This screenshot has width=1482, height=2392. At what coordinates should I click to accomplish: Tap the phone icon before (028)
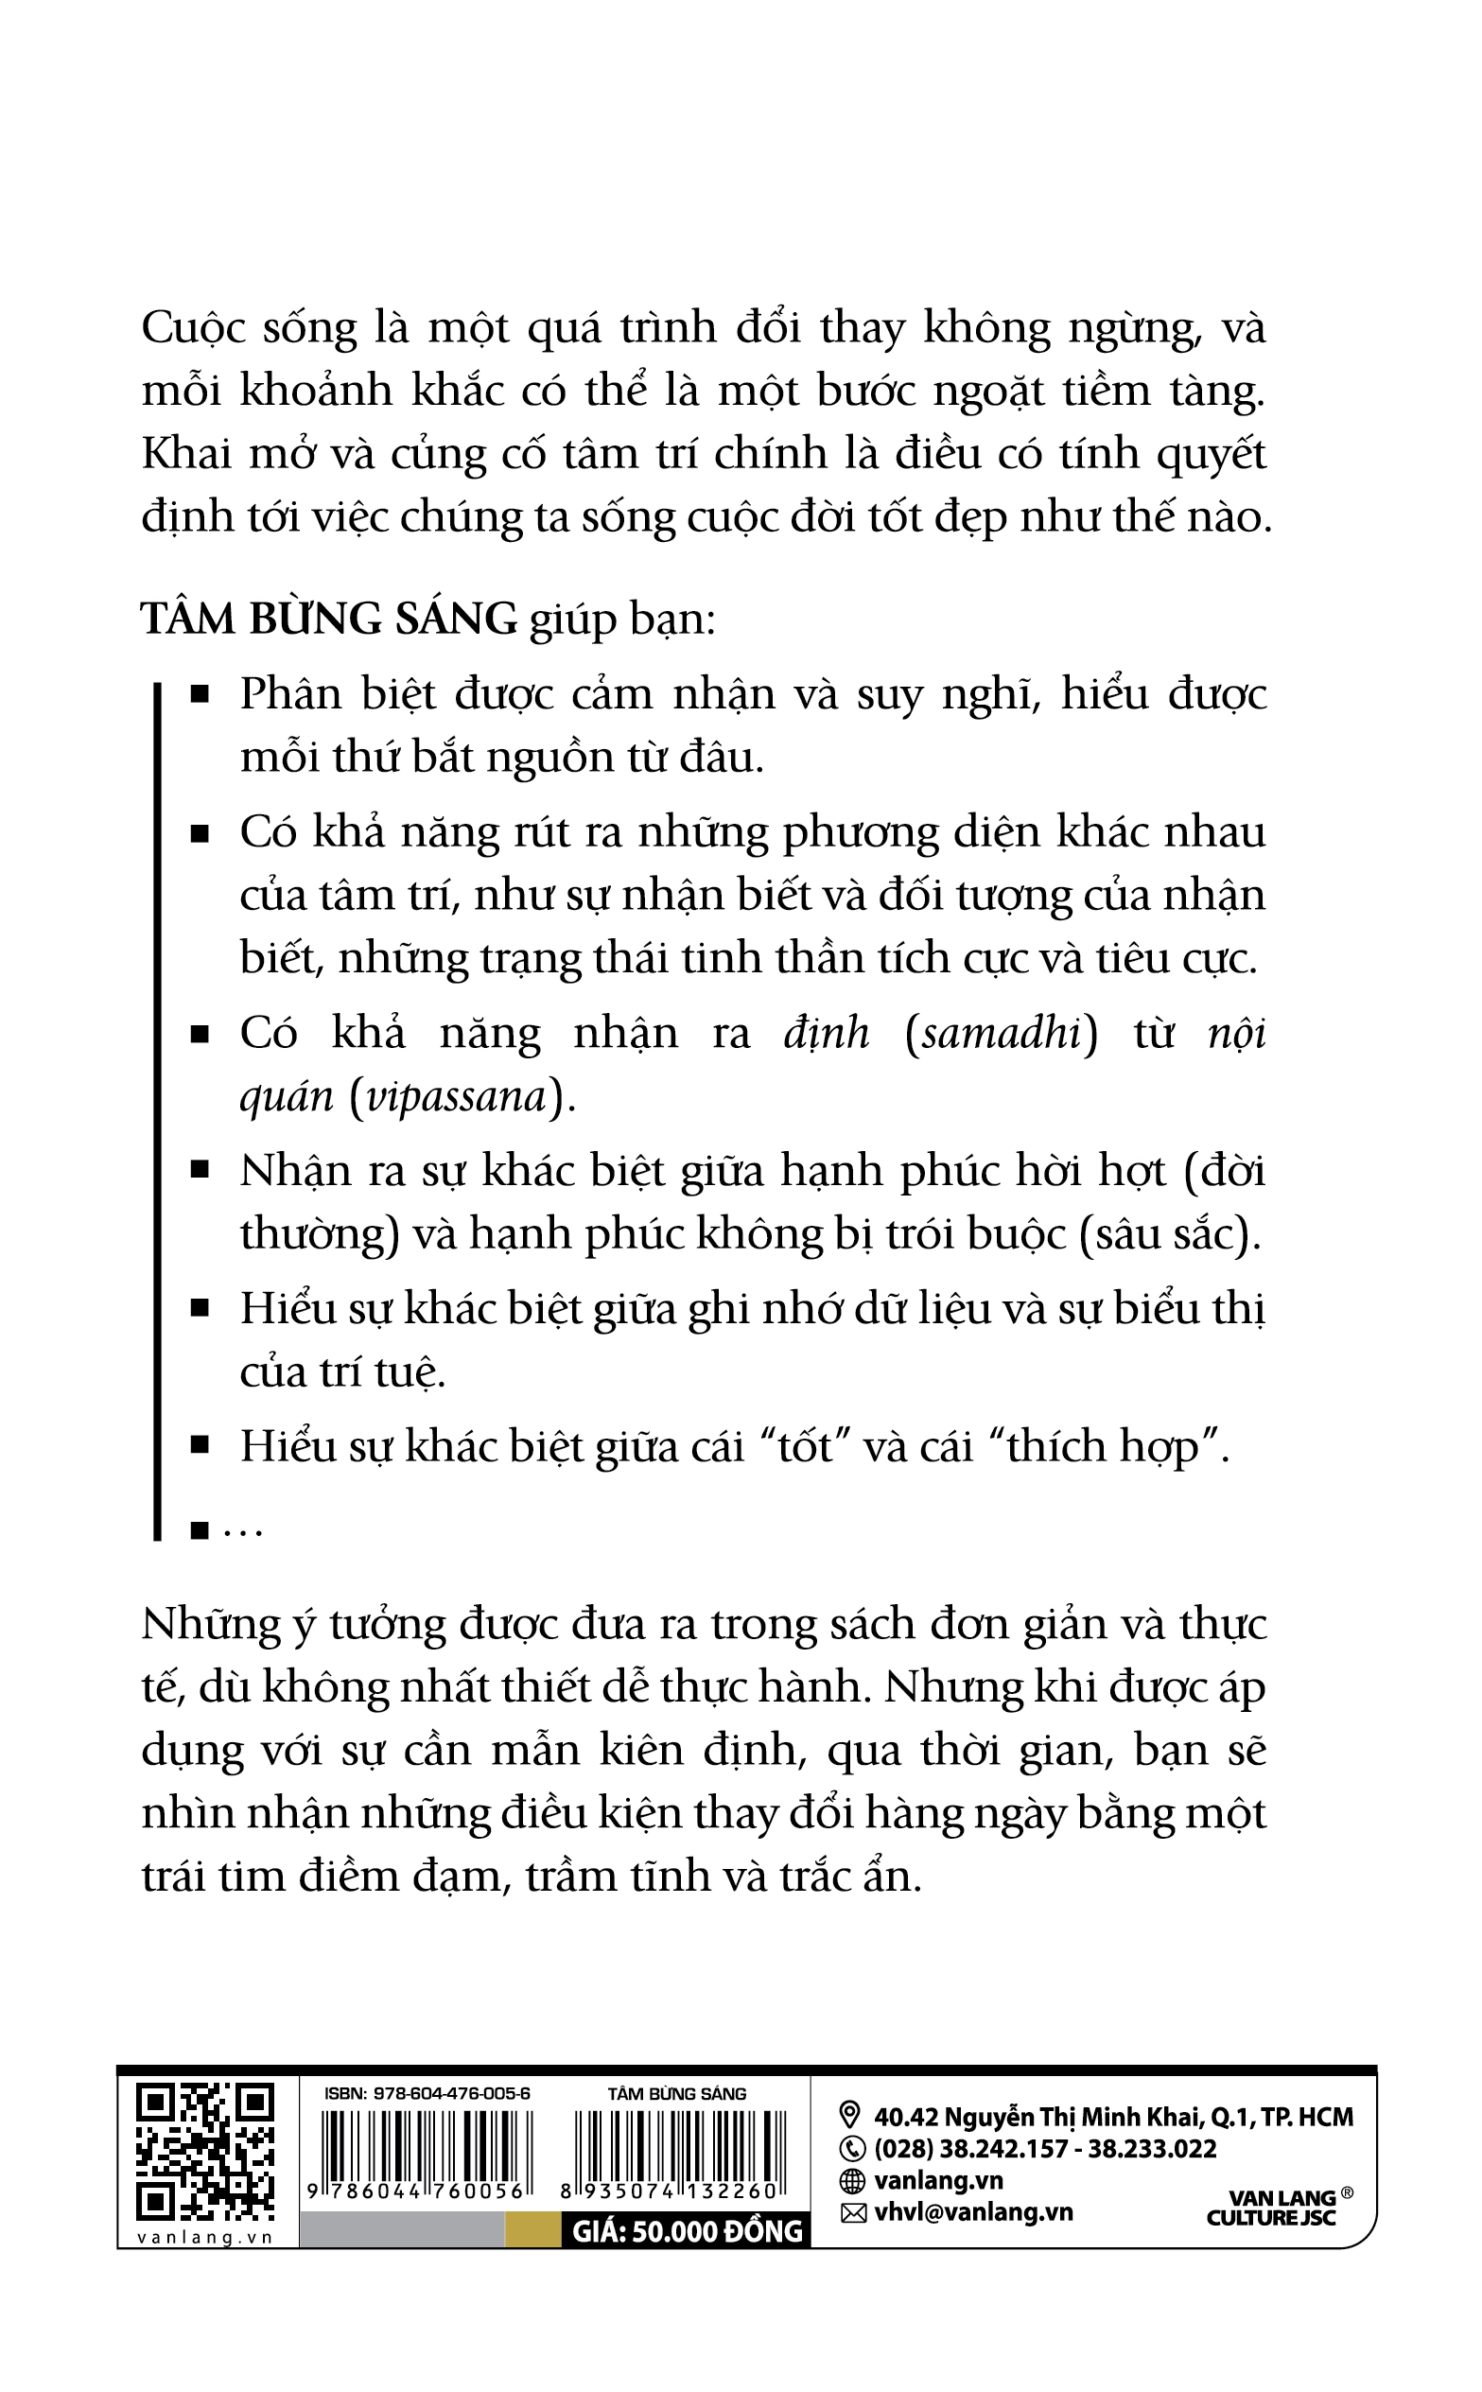pyautogui.click(x=852, y=2148)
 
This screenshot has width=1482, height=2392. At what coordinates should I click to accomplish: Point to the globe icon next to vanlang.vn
pyautogui.click(x=852, y=2180)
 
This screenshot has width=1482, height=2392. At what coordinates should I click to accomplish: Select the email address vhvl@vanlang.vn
pyautogui.click(x=973, y=2211)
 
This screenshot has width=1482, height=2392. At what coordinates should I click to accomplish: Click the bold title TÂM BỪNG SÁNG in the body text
pyautogui.click(x=328, y=620)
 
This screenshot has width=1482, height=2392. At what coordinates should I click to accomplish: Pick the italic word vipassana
pyautogui.click(x=455, y=1096)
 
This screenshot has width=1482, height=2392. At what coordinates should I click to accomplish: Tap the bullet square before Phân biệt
pyautogui.click(x=200, y=695)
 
